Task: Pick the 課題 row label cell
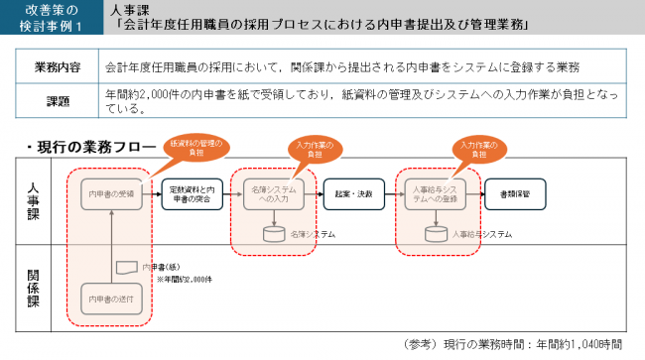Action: [59, 101]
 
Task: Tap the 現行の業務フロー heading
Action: [89, 147]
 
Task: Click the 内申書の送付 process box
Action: [114, 298]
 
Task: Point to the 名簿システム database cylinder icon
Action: [271, 234]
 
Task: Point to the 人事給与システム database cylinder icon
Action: [433, 234]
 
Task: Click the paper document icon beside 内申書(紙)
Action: [125, 267]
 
